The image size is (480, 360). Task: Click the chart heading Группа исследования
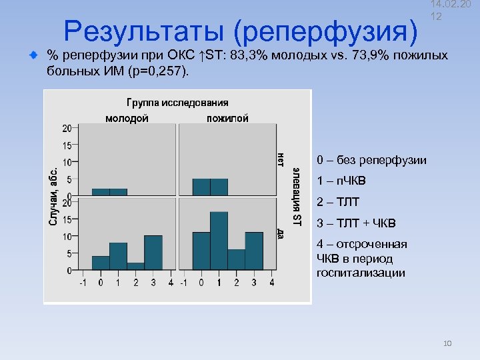pos(177,103)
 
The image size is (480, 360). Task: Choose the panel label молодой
pos(127,118)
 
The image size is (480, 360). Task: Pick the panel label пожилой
pos(227,118)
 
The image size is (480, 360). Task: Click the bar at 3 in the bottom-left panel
pos(153,253)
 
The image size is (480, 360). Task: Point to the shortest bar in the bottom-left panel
pos(135,266)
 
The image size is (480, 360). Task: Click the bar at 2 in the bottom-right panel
pos(236,259)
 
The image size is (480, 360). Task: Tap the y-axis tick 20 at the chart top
pos(67,128)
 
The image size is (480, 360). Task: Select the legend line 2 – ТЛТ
pos(341,202)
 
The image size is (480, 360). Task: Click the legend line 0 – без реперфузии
pos(371,160)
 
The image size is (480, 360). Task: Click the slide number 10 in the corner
pos(447,343)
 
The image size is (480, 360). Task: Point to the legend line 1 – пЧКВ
pos(341,181)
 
